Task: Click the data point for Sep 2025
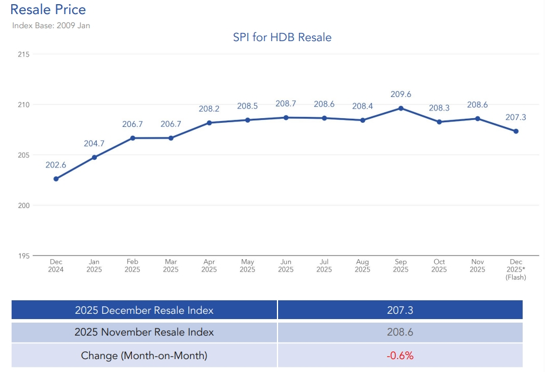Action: pyautogui.click(x=401, y=108)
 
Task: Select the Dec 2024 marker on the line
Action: pyautogui.click(x=56, y=179)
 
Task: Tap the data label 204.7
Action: pyautogui.click(x=94, y=143)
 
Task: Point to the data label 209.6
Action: pyautogui.click(x=401, y=94)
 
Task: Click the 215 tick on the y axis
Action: pyautogui.click(x=24, y=54)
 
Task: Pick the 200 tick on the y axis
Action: pyautogui.click(x=24, y=206)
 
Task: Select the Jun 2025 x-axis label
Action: pyautogui.click(x=286, y=266)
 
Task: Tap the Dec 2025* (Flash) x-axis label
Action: pyautogui.click(x=516, y=270)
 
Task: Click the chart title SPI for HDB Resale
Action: pyautogui.click(x=282, y=38)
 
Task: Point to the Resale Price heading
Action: pyautogui.click(x=48, y=9)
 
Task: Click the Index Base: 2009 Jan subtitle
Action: pyautogui.click(x=51, y=25)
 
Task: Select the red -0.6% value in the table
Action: pyautogui.click(x=400, y=356)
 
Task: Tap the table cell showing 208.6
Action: pyautogui.click(x=400, y=332)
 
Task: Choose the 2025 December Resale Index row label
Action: pyautogui.click(x=144, y=310)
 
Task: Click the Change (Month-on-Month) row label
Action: pyautogui.click(x=144, y=356)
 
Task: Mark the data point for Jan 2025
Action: pyautogui.click(x=94, y=157)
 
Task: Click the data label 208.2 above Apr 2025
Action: pyautogui.click(x=209, y=109)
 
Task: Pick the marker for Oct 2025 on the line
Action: pyautogui.click(x=439, y=122)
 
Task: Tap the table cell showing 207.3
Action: pyautogui.click(x=400, y=310)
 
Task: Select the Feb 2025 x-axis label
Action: pyautogui.click(x=133, y=266)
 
